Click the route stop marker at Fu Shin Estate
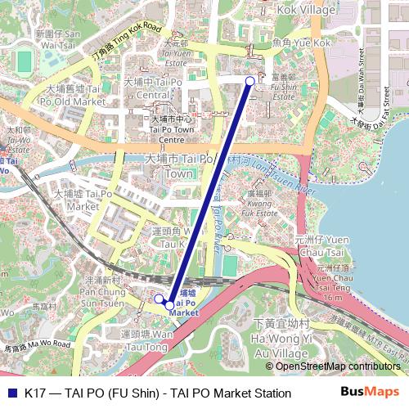coord(250,80)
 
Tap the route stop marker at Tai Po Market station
coord(169,305)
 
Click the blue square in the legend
coord(11,393)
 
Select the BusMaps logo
coord(369,393)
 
